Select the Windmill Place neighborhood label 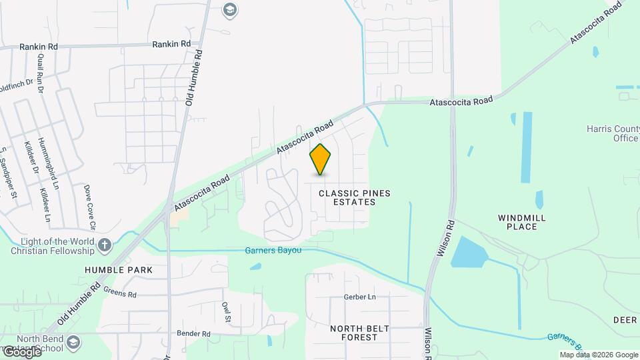pos(522,222)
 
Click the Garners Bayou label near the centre pos(274,251)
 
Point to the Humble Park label pos(119,270)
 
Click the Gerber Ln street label pos(356,297)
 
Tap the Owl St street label pos(227,311)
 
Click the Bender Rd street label pos(193,333)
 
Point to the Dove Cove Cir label pos(89,207)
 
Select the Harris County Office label pos(613,133)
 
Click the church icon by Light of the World pos(104,245)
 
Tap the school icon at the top pos(230,9)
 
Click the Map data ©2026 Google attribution pos(599,355)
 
